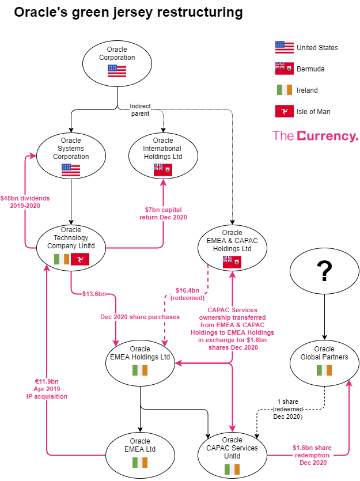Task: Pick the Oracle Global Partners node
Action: (x=324, y=362)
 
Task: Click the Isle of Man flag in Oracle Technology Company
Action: (x=80, y=259)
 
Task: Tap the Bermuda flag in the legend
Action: (x=285, y=69)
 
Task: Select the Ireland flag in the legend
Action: (x=285, y=90)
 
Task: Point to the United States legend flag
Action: (x=285, y=47)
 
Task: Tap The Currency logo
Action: (x=315, y=136)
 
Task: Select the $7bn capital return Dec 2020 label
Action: (x=163, y=213)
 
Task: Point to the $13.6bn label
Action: (x=94, y=294)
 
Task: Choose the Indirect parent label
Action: (x=140, y=109)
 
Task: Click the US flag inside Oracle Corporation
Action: (x=117, y=71)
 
